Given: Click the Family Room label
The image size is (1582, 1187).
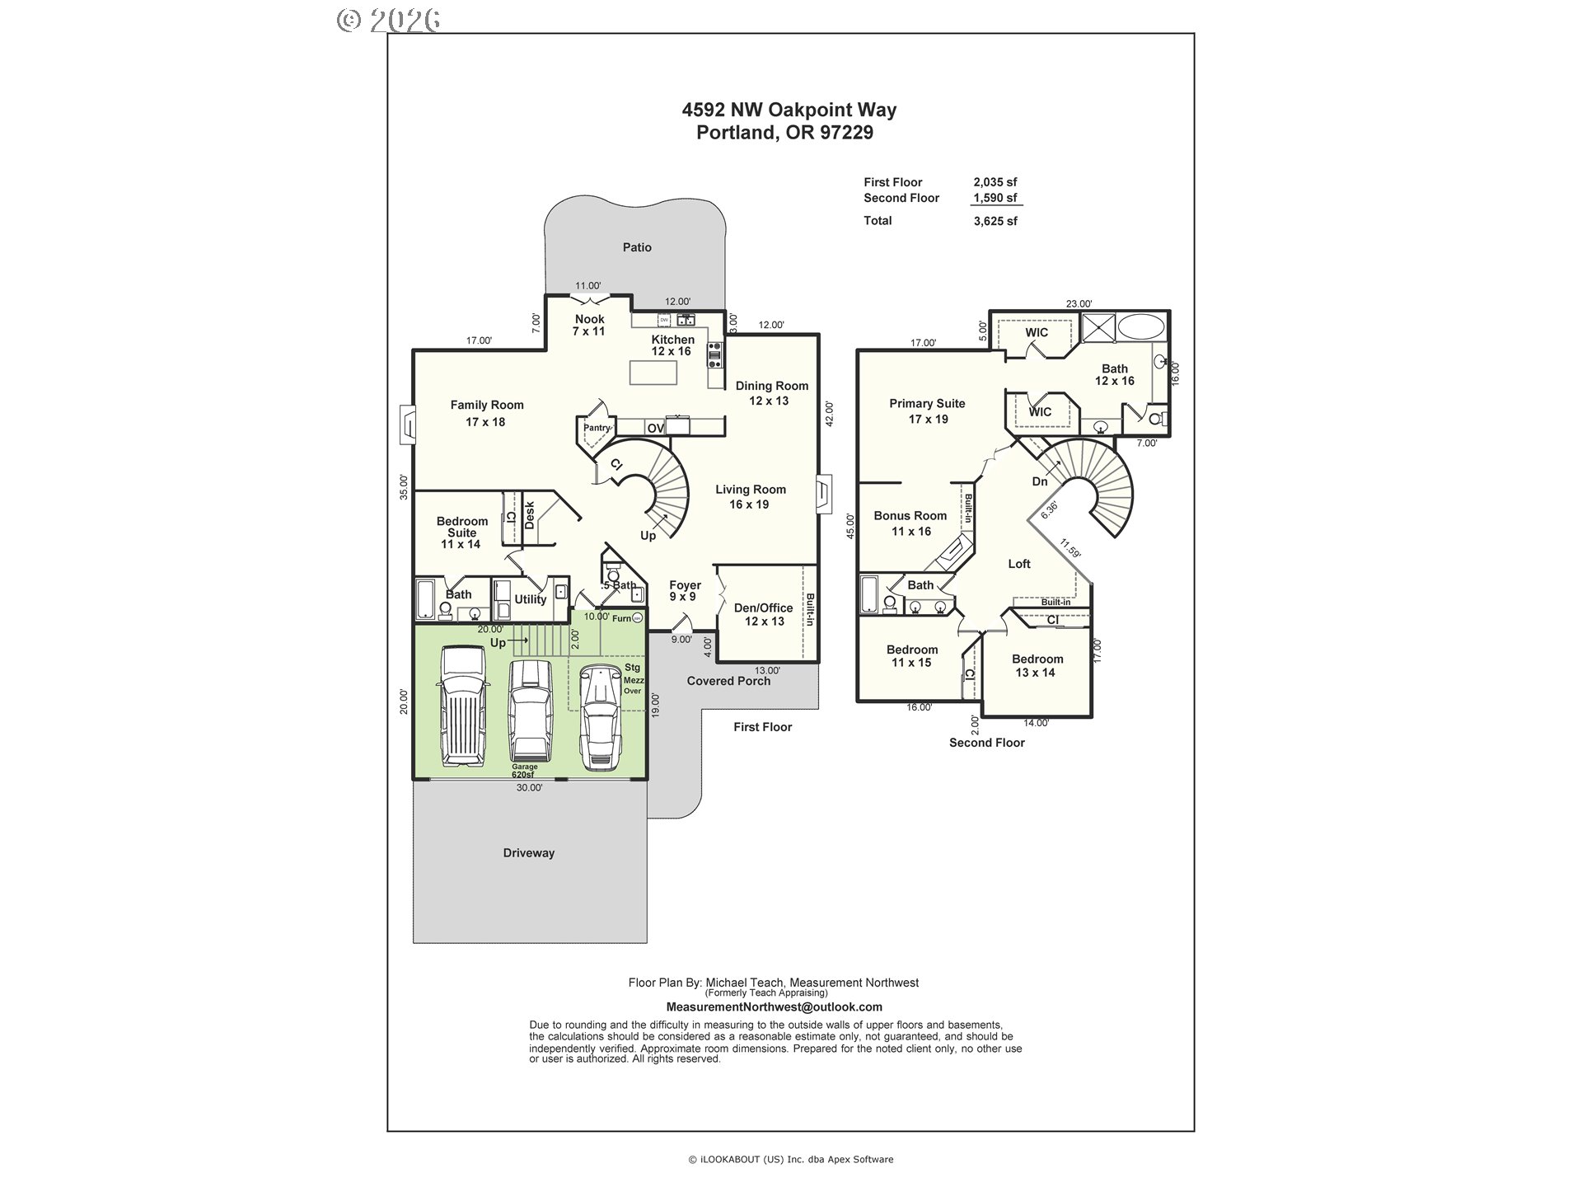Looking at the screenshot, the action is [x=487, y=405].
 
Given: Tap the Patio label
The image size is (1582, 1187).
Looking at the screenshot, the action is [x=637, y=247].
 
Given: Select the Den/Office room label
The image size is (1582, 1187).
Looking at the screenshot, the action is [x=764, y=608].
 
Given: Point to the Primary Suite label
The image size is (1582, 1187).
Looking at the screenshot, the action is [x=927, y=404].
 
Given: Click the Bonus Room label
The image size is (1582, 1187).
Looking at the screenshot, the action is [x=910, y=516].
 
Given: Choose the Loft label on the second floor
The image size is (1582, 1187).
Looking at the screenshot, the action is [x=1019, y=564].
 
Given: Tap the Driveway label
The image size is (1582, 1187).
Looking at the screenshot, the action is [x=529, y=853].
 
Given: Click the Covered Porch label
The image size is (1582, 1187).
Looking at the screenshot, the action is [x=729, y=681].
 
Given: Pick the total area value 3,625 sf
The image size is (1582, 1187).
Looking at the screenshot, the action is [x=995, y=221].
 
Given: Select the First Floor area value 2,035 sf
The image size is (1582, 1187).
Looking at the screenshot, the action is [x=995, y=182].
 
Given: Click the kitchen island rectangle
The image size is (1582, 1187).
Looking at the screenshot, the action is [x=653, y=373].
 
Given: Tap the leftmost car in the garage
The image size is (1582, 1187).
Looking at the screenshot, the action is [x=463, y=706].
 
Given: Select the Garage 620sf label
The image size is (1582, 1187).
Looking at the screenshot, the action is [x=524, y=771].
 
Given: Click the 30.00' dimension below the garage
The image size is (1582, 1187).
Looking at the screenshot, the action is [x=530, y=788].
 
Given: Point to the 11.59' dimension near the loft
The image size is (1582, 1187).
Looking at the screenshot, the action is [x=1069, y=549].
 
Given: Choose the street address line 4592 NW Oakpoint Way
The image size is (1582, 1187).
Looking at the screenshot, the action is [x=789, y=110].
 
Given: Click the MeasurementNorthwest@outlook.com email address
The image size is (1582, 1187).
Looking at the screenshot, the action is [x=774, y=1007].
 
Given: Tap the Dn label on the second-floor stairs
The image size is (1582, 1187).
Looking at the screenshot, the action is [x=1040, y=481].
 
